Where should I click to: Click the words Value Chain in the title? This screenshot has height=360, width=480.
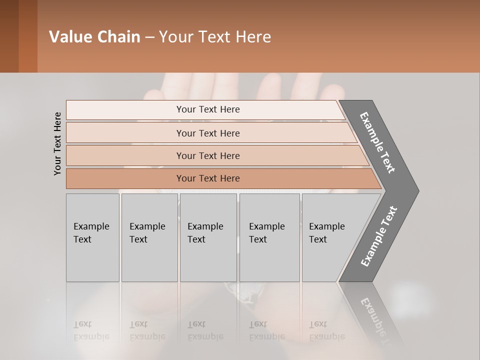(94, 37)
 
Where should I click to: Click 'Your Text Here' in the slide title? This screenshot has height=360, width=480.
(215, 37)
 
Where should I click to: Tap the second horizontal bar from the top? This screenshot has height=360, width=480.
(207, 133)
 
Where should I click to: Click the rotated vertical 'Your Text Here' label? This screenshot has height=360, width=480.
(57, 143)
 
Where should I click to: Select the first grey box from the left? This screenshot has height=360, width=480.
(92, 237)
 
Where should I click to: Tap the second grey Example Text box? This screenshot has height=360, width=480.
(149, 237)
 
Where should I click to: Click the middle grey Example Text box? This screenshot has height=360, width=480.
(208, 237)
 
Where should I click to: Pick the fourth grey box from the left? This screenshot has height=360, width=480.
(269, 237)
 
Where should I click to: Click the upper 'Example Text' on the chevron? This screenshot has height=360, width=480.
(377, 142)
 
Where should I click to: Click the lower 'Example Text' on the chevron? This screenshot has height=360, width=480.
(378, 236)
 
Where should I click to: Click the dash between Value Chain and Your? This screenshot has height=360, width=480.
(149, 37)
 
